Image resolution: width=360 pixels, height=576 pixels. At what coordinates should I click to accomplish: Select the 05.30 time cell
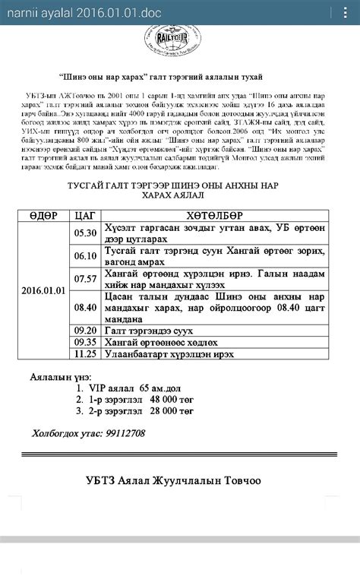coord(84,233)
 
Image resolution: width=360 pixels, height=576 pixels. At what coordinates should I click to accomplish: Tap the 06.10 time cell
coord(84,257)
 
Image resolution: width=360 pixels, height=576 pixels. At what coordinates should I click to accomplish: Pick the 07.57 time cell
coord(84,279)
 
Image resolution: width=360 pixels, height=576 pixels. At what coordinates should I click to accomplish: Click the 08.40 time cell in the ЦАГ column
coord(84,307)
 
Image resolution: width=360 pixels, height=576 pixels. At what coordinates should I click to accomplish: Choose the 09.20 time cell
coord(84,331)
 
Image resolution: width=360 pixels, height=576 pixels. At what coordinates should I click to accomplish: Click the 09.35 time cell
coord(84,342)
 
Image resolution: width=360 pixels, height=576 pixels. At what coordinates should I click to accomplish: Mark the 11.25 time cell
coord(84,354)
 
